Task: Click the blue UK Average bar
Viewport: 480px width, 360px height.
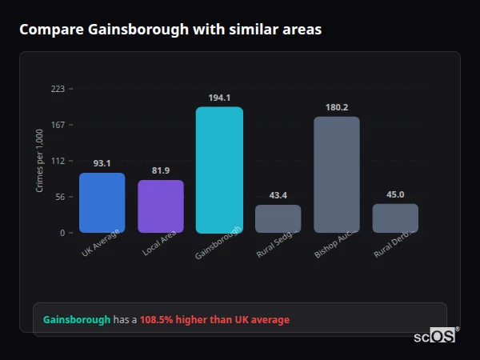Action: coord(102,202)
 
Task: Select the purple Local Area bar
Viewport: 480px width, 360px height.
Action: coord(161,206)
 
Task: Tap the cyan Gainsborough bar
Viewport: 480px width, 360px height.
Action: coord(219,170)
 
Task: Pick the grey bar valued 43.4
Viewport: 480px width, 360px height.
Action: coord(278,218)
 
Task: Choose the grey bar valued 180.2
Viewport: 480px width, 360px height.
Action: coord(336,174)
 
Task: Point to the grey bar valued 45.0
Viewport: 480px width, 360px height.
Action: coord(395,218)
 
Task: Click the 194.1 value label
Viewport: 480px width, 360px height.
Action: coord(219,98)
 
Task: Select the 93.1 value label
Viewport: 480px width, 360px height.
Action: coord(102,163)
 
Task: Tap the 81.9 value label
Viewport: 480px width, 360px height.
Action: coord(161,170)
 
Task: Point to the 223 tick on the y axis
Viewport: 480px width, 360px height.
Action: coord(58,89)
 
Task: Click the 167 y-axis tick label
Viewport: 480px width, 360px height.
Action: coord(58,125)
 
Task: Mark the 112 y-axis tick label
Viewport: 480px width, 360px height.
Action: coord(58,161)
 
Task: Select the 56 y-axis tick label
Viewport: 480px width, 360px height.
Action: coord(59,197)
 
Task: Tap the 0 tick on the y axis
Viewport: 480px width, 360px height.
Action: coord(62,233)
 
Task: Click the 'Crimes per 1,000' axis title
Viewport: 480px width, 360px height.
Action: coord(40,161)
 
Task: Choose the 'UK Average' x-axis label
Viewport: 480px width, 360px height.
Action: coord(100,242)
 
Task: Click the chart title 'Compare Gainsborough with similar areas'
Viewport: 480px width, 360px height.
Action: coord(170,30)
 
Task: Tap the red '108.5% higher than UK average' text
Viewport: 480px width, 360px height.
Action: coord(214,320)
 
